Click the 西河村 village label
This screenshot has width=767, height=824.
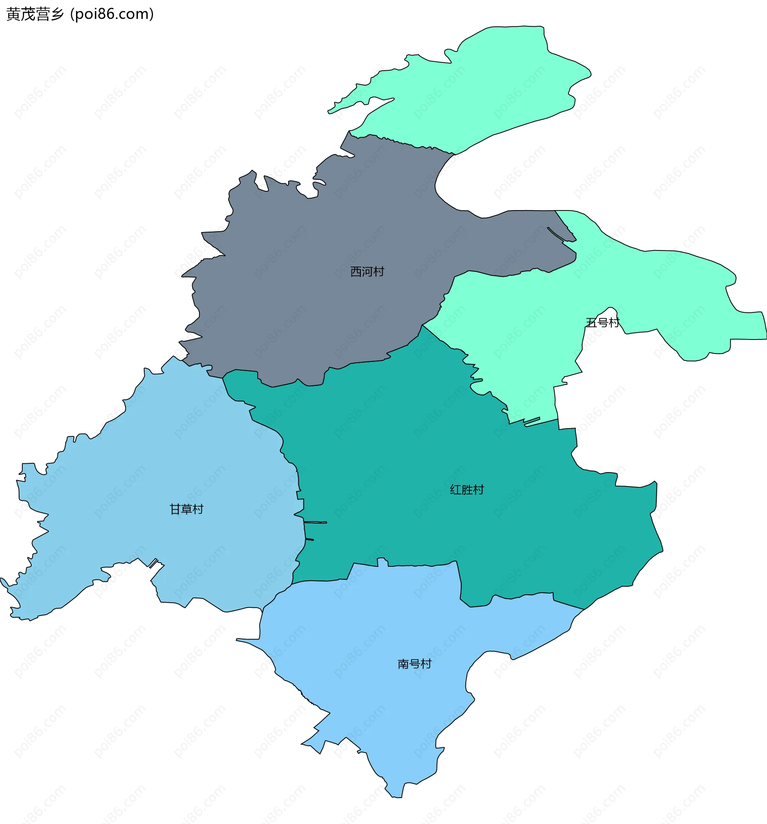pyautogui.click(x=368, y=272)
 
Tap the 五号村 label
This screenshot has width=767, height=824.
pyautogui.click(x=602, y=322)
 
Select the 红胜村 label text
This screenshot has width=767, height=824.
pyautogui.click(x=467, y=490)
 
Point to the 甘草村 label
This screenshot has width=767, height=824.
pyautogui.click(x=187, y=509)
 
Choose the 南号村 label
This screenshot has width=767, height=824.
pyautogui.click(x=415, y=664)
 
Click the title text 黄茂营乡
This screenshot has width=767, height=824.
pyautogui.click(x=35, y=14)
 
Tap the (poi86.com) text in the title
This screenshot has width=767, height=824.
pyautogui.click(x=112, y=14)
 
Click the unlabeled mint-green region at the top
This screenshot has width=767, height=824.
pyautogui.click(x=477, y=91)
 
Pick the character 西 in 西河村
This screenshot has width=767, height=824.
pyautogui.click(x=356, y=272)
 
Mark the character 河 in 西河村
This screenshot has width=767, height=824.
pyautogui.click(x=368, y=272)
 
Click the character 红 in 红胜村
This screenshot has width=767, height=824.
pyautogui.click(x=456, y=490)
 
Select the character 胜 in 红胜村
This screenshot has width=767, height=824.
pyautogui.click(x=467, y=490)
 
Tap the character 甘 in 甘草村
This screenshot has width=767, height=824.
pyautogui.click(x=175, y=509)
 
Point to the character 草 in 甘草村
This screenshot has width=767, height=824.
pyautogui.click(x=187, y=509)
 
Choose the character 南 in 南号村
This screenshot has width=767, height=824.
pyautogui.click(x=403, y=664)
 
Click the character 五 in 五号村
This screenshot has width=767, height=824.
pyautogui.click(x=591, y=322)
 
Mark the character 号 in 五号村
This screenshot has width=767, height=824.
pyautogui.click(x=602, y=322)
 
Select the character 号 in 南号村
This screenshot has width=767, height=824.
pyautogui.click(x=415, y=664)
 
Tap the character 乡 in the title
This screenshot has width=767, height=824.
pyautogui.click(x=57, y=14)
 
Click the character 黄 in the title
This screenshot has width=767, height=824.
pyautogui.click(x=13, y=14)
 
